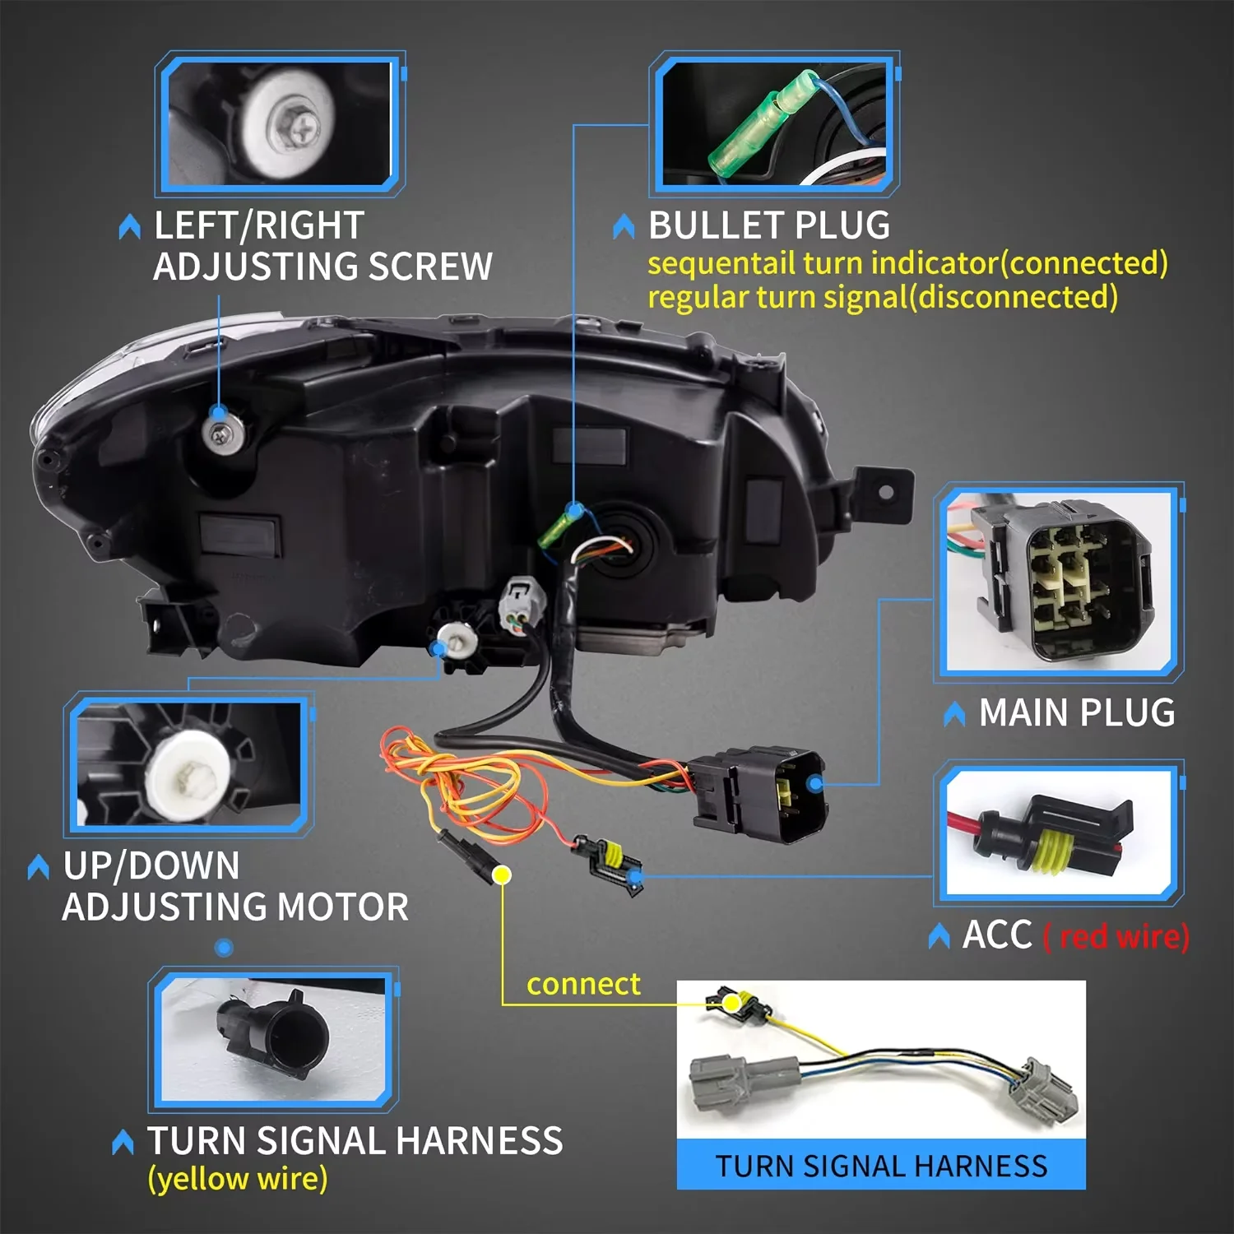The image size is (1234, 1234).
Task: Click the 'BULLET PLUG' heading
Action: (768, 225)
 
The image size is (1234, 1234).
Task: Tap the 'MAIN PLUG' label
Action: (1076, 712)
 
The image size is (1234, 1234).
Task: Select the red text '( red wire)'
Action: (1116, 936)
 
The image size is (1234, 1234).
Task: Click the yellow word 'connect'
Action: (583, 984)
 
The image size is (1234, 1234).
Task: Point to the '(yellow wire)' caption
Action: (238, 1178)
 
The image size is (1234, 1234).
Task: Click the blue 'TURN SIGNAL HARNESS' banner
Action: (881, 1166)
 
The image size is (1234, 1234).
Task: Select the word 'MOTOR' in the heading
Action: (343, 907)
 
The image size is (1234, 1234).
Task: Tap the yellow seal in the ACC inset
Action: (1056, 847)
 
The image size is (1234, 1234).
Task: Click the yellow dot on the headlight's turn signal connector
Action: (502, 874)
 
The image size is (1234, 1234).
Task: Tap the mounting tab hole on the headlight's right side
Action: (885, 493)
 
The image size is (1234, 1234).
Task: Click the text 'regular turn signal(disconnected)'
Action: (882, 297)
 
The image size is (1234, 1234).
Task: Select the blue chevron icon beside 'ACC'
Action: (939, 936)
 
